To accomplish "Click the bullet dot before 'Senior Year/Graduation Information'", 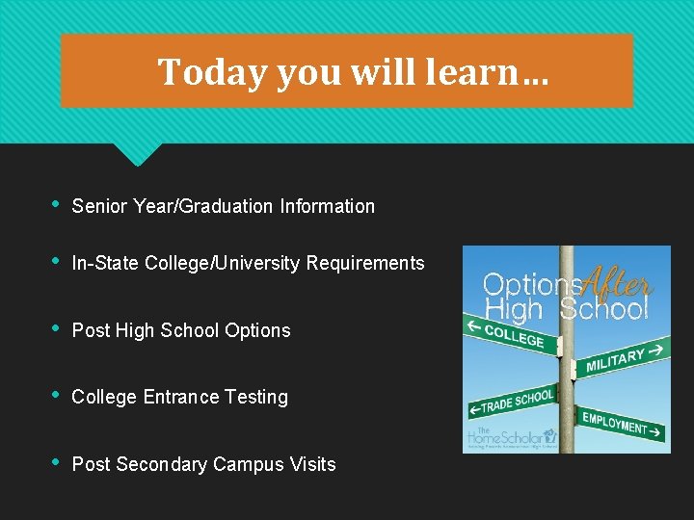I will pyautogui.click(x=57, y=204).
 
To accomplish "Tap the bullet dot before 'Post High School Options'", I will pyautogui.click(x=57, y=328).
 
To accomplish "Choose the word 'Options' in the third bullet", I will pyautogui.click(x=257, y=330).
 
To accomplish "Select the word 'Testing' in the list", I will pyautogui.click(x=257, y=398).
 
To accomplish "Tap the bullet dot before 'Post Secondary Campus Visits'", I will pyautogui.click(x=57, y=462).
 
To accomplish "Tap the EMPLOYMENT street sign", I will pyautogui.click(x=622, y=425).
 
